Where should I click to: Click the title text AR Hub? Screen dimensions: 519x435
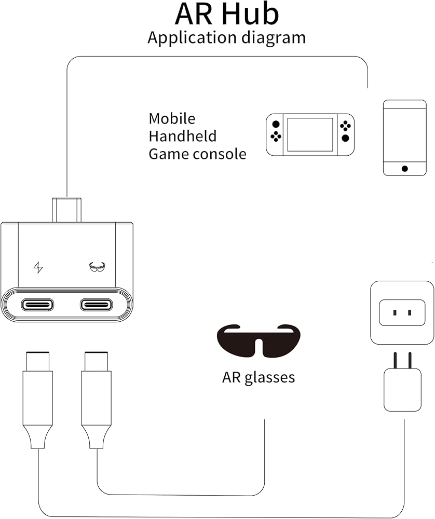click(x=227, y=14)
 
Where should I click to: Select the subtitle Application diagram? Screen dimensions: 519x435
click(x=226, y=38)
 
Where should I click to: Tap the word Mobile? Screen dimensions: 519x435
click(x=172, y=119)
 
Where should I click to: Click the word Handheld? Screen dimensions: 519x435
click(x=182, y=136)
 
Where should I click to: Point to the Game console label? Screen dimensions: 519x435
click(x=197, y=154)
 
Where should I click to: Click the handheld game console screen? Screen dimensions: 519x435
click(x=310, y=134)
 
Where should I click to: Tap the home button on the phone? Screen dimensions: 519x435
click(x=404, y=168)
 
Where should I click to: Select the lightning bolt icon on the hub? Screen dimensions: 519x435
click(x=38, y=268)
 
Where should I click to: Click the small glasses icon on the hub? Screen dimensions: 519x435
click(x=97, y=267)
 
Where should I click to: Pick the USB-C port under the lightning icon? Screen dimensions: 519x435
click(x=37, y=304)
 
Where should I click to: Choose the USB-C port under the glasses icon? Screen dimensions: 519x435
click(x=97, y=304)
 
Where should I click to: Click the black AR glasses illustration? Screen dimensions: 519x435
click(x=258, y=340)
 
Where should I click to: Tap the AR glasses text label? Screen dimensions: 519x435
click(x=258, y=377)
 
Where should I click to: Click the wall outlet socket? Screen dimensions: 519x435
click(x=402, y=312)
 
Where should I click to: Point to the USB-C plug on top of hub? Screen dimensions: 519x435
click(x=66, y=210)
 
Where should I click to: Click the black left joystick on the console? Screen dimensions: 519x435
click(x=276, y=125)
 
